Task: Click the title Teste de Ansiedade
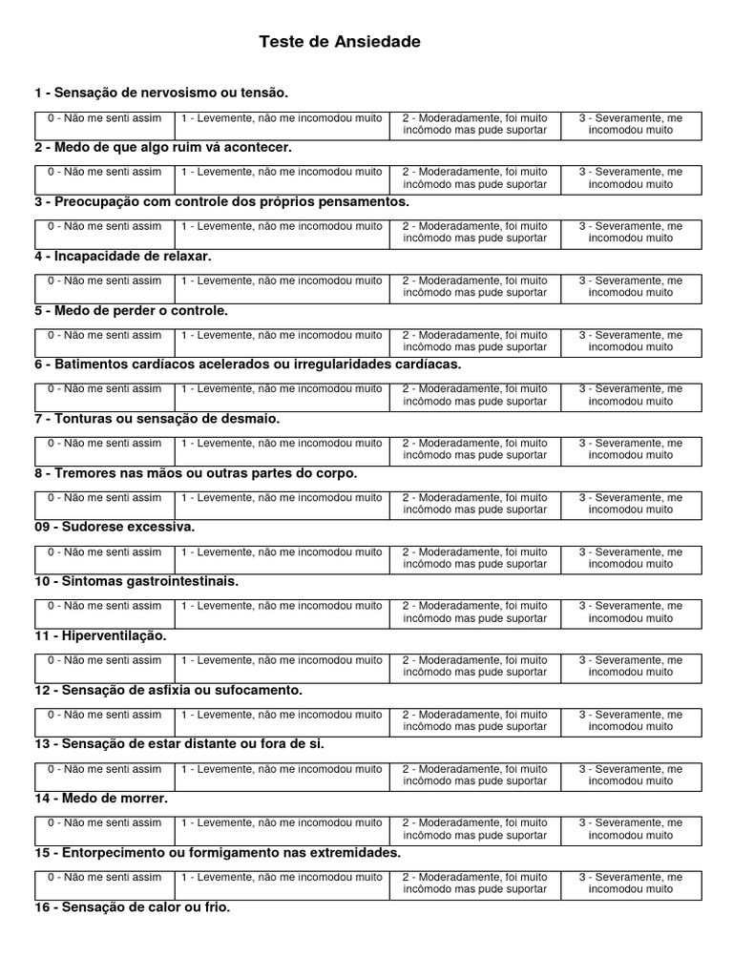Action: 339,42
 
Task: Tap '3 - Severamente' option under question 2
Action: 631,178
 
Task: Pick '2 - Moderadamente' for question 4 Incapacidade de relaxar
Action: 474,287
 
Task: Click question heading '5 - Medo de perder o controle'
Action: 132,310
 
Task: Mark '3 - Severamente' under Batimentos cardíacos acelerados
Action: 631,395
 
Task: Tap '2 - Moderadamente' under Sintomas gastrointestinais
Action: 474,612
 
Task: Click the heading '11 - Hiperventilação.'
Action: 100,635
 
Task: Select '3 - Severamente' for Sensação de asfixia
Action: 631,720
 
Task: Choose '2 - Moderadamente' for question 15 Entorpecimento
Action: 474,883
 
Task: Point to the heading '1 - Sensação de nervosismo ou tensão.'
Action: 161,93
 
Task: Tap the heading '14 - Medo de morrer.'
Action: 101,798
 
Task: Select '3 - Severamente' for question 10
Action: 631,612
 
